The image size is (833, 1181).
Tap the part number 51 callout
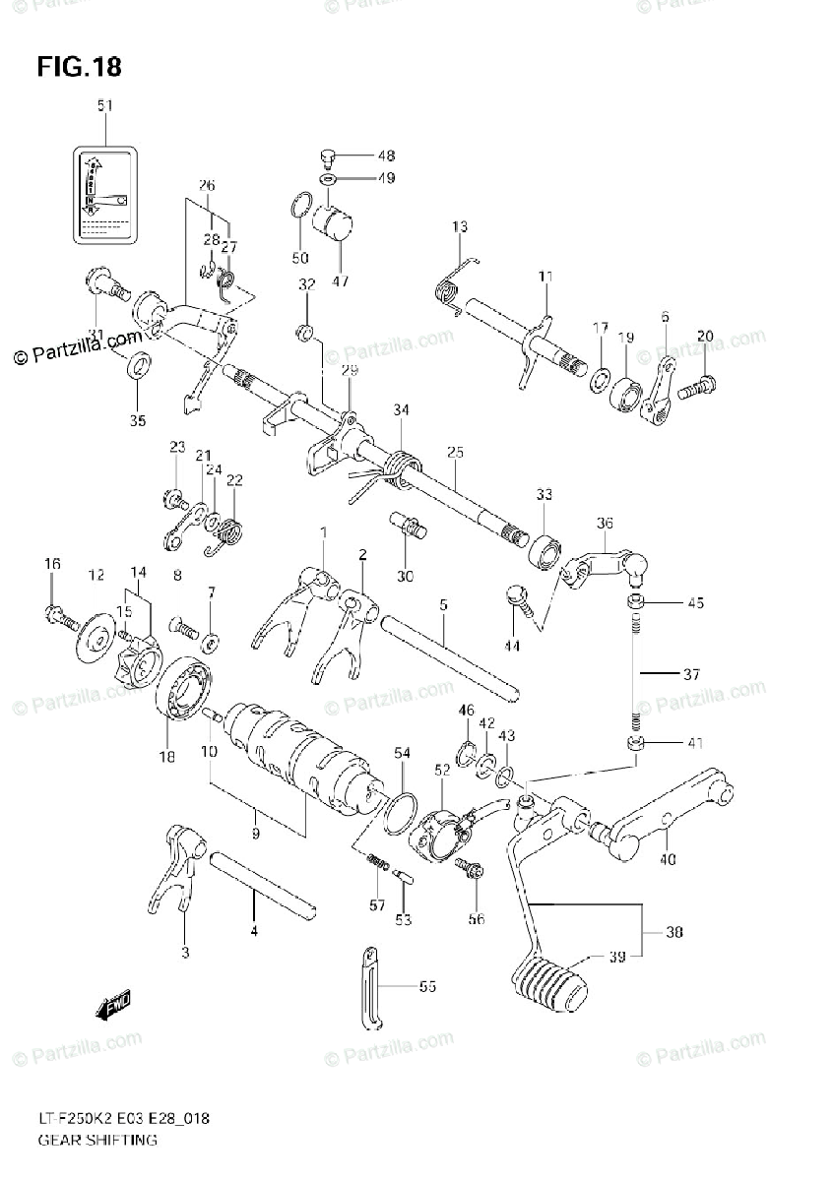point(104,105)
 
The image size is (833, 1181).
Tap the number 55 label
point(426,985)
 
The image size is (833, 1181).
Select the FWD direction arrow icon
point(114,1006)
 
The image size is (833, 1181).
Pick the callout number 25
point(454,453)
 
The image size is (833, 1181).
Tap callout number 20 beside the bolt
point(704,338)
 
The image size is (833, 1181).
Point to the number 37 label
point(691,675)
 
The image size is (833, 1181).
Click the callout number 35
point(137,421)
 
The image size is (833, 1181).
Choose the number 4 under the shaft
point(253,929)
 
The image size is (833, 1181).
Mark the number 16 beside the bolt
point(51,563)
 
